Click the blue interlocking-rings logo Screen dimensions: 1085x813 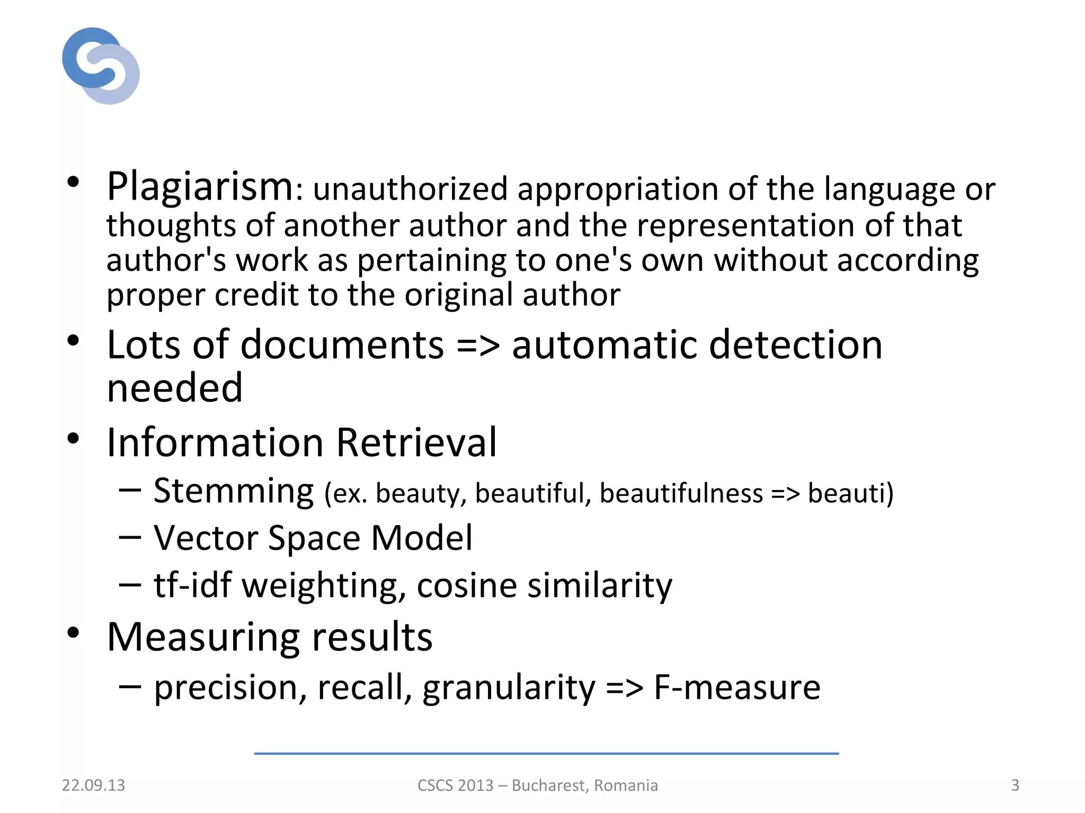click(x=101, y=66)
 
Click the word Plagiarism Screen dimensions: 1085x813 click(x=200, y=187)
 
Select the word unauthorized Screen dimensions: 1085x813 click(x=410, y=189)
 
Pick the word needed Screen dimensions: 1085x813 click(x=174, y=388)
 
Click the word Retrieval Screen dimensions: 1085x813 click(x=416, y=442)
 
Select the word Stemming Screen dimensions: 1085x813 click(x=234, y=491)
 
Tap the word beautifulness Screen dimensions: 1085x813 click(x=681, y=493)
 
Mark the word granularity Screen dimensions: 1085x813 click(x=509, y=688)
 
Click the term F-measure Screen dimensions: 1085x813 click(x=737, y=688)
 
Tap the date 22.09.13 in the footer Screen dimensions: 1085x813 click(x=93, y=785)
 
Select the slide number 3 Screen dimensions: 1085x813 click(x=1015, y=785)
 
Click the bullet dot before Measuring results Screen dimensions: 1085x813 click(x=73, y=633)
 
